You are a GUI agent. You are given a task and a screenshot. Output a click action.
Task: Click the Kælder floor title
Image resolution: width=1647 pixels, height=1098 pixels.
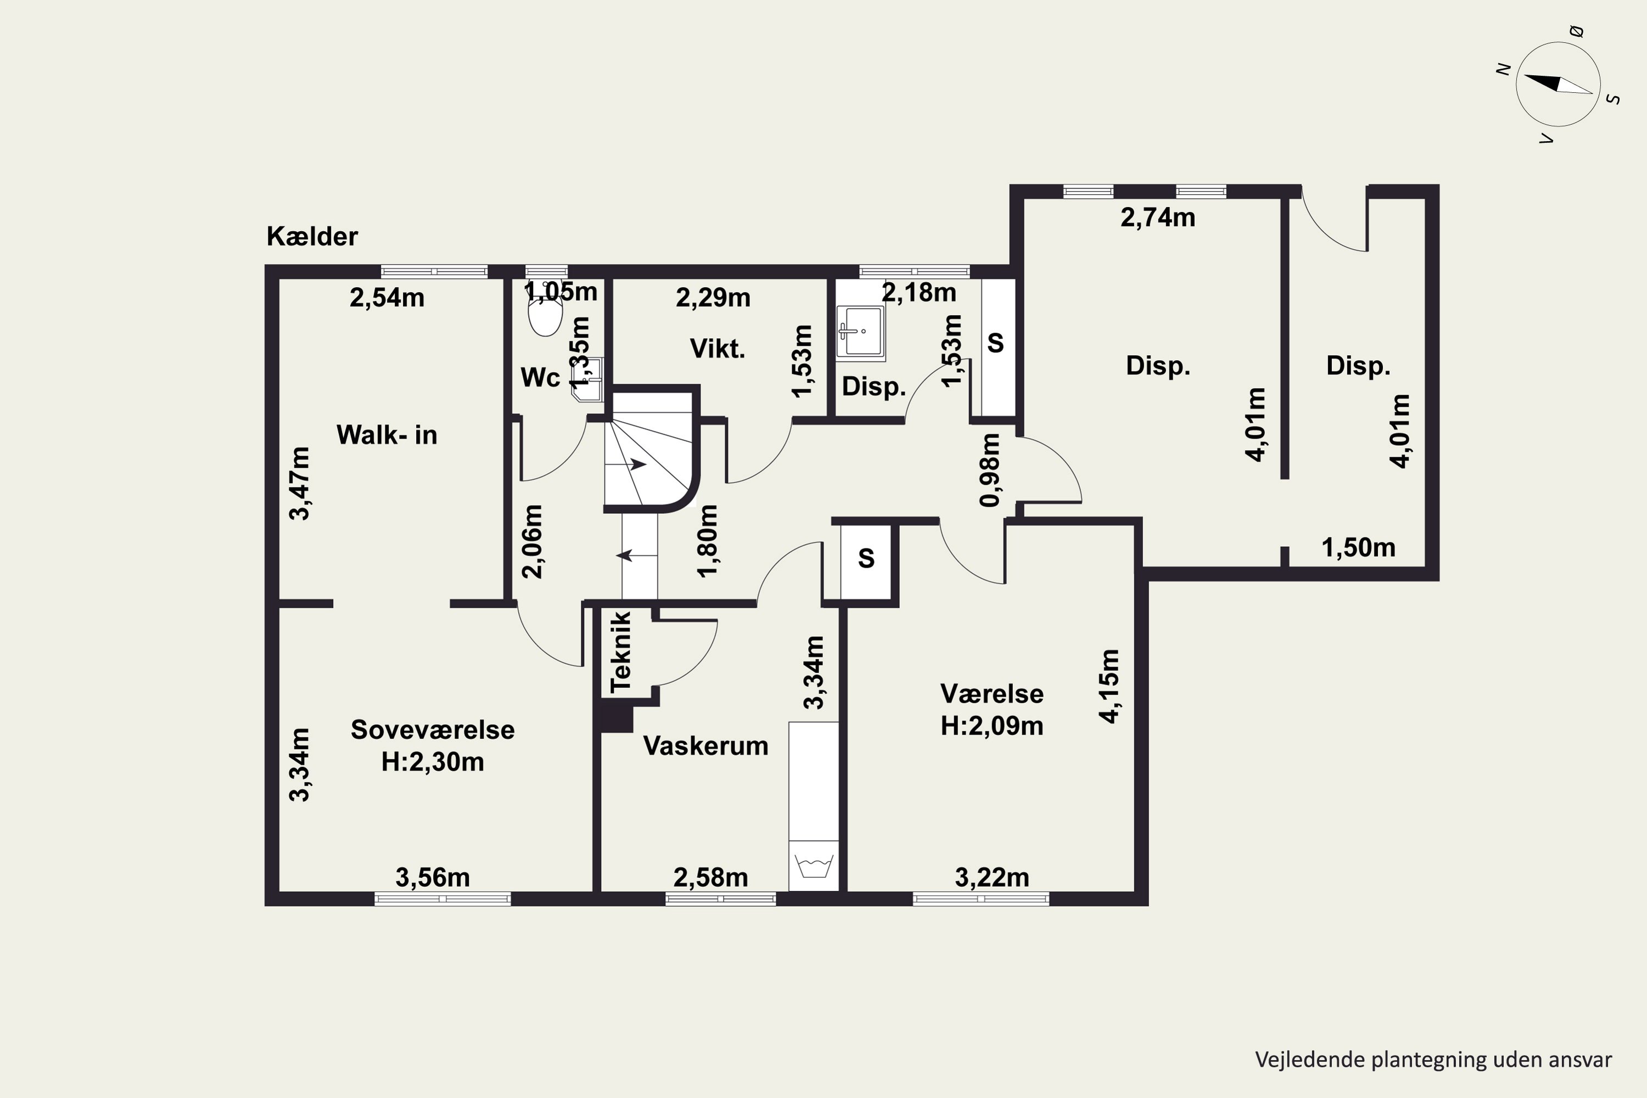coord(312,237)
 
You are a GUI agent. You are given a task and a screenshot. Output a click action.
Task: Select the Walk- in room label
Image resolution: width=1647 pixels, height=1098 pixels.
coord(386,435)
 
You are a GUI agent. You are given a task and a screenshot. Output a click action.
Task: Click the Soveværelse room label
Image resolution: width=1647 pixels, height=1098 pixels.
coord(433,730)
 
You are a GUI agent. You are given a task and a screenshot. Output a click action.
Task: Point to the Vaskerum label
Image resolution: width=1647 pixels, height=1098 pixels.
coord(706,746)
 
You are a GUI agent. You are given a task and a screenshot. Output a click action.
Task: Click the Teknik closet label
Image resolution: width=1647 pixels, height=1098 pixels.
coord(621,652)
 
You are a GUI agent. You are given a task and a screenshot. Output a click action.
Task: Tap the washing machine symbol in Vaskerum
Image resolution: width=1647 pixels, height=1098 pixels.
coord(814,866)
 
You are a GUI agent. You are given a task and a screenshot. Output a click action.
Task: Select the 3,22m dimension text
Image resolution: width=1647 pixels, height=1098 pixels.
coord(992,877)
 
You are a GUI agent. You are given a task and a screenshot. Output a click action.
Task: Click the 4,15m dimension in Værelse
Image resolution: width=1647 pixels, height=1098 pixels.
coord(1110,686)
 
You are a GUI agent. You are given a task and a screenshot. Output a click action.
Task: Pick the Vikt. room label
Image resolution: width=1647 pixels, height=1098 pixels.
coord(718,349)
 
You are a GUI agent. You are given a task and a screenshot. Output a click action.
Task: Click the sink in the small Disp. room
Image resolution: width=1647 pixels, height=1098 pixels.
coord(861,333)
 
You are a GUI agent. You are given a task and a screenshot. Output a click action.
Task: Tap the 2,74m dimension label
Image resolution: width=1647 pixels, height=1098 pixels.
coord(1157,218)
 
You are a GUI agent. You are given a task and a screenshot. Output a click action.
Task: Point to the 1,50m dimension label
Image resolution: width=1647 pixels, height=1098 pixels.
coord(1358,547)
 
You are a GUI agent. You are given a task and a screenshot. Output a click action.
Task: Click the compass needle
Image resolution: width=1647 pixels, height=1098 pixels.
coord(1558,84)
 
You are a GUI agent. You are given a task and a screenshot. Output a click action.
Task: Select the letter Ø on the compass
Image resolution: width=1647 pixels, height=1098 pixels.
coord(1576,31)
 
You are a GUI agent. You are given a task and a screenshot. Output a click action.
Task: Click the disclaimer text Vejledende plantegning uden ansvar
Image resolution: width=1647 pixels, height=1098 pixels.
coord(1433,1060)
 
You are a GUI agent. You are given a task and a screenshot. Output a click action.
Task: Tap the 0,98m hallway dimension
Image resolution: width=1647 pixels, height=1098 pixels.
coord(990,469)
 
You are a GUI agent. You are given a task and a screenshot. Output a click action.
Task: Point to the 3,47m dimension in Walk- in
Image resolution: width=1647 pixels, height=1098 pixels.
coord(299,483)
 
